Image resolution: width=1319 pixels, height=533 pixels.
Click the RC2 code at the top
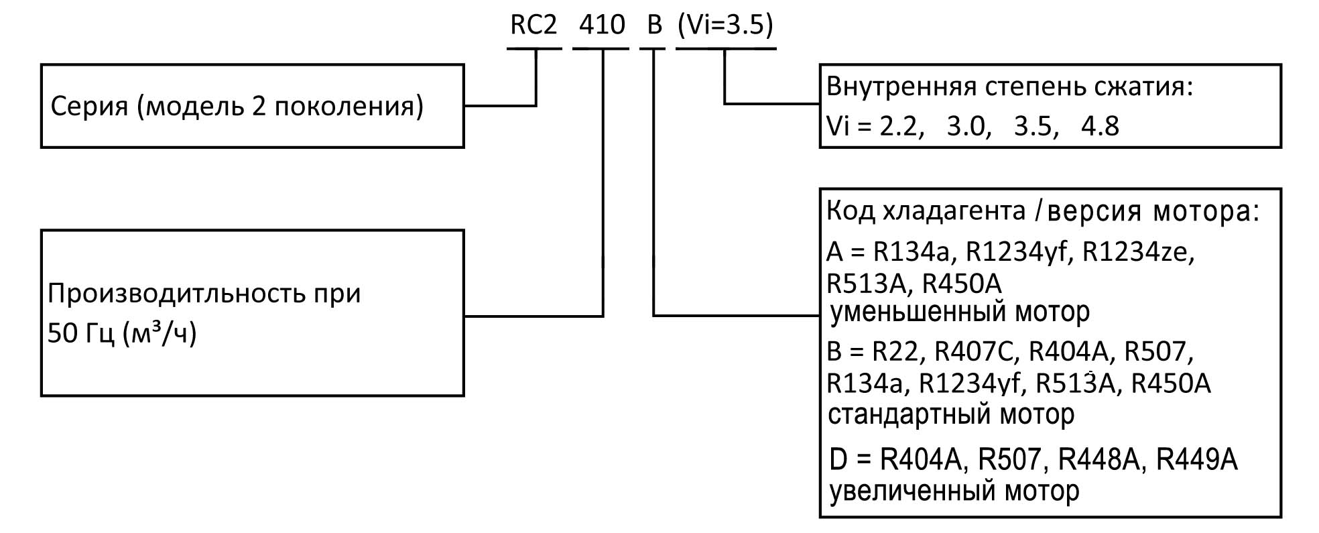coord(533,25)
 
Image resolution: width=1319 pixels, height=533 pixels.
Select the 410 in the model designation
coord(601,25)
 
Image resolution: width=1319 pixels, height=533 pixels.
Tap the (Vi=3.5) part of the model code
coord(725,25)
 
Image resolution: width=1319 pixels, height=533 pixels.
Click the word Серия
coord(89,107)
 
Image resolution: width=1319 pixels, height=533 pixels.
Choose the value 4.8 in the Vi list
coord(1100,127)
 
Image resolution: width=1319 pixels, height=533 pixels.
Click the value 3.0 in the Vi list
coord(968,127)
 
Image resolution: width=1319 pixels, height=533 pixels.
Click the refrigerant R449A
coord(1196,460)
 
